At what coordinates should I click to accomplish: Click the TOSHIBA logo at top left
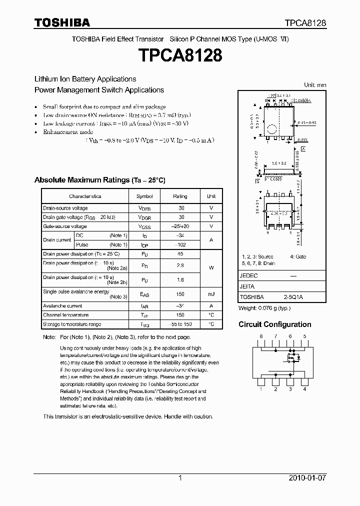click(x=62, y=22)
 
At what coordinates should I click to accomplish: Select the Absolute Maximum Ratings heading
click(x=99, y=180)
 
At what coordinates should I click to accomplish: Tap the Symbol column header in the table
click(x=145, y=196)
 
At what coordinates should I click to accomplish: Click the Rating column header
click(x=180, y=196)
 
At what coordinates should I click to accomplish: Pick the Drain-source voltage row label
click(x=65, y=208)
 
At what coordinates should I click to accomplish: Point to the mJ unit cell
click(x=211, y=294)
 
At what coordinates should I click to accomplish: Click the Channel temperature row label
click(x=66, y=315)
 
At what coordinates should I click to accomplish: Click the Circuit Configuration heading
click(x=274, y=324)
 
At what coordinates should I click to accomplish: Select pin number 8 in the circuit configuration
click(x=261, y=336)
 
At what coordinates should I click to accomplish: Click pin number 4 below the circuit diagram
click(x=304, y=388)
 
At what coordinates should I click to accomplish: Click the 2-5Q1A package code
click(x=293, y=296)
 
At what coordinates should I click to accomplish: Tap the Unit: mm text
click(x=315, y=85)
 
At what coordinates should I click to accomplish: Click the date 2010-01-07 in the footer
click(x=307, y=478)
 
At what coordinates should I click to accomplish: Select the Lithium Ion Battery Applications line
click(x=85, y=79)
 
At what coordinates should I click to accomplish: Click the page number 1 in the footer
click(x=180, y=478)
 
